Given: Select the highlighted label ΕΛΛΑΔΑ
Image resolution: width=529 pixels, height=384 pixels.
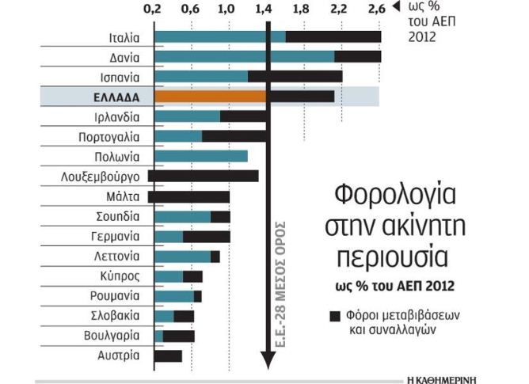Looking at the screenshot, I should pos(114,97).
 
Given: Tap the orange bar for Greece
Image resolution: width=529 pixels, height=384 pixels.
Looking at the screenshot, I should pos(210,97).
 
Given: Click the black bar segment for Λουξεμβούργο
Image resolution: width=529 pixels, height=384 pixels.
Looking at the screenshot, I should pos(203,176).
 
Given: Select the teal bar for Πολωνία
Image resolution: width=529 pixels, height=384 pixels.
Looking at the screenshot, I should pos(200,156).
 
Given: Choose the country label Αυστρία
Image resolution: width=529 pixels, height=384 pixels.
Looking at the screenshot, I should pos(119,355).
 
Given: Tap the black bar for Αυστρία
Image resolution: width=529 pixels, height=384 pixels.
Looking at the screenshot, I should pos(168,355).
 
